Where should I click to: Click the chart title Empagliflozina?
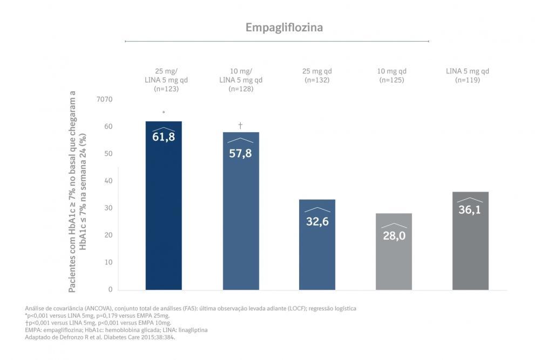(x=284, y=27)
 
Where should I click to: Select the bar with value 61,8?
(x=164, y=216)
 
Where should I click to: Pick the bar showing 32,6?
(x=317, y=248)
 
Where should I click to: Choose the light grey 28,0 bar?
(x=394, y=259)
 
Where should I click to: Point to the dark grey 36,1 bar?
(x=470, y=248)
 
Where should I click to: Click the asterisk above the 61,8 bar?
(x=164, y=113)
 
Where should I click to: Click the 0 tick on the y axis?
(x=110, y=290)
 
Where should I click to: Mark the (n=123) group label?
(x=164, y=89)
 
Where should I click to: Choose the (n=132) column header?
(x=317, y=80)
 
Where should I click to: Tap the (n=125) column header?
(x=394, y=80)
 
